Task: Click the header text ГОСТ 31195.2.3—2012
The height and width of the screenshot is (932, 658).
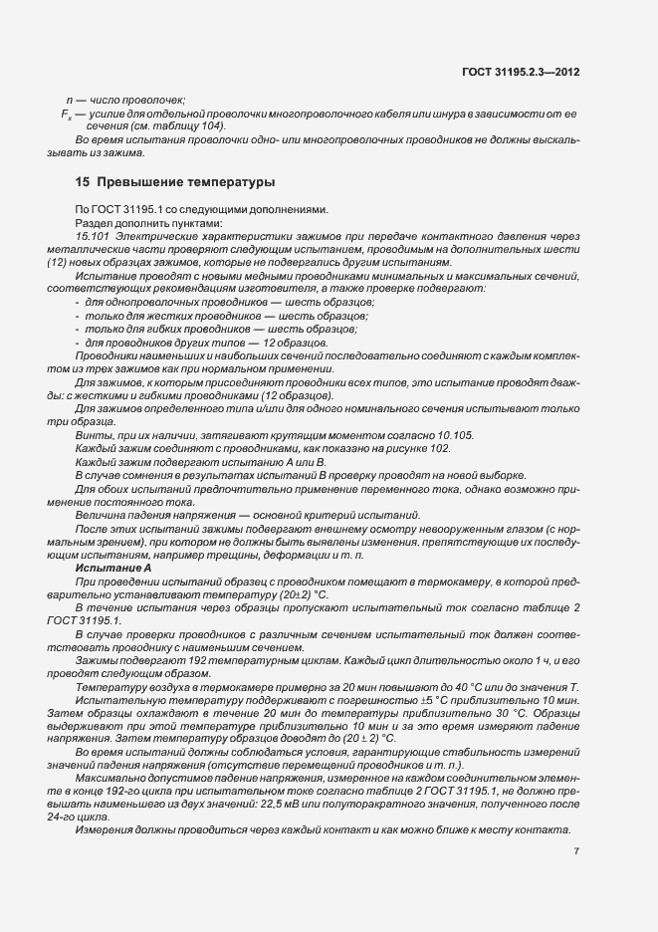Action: coord(522,72)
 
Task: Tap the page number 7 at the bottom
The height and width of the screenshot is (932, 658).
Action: coord(577,850)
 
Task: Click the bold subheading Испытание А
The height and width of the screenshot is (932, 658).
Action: coord(112,567)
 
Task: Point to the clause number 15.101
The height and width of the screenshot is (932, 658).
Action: coord(92,235)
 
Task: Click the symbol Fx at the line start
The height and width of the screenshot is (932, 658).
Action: coord(67,115)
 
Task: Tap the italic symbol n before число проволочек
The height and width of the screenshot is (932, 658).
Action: coord(69,101)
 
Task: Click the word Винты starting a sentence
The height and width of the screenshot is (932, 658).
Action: coord(93,435)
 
